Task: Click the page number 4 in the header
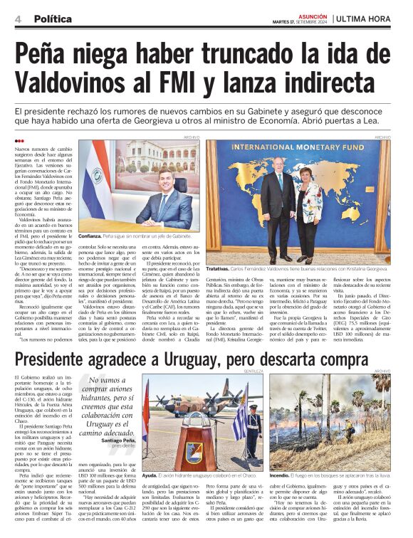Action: click(x=17, y=19)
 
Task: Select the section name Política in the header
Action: click(x=53, y=19)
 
